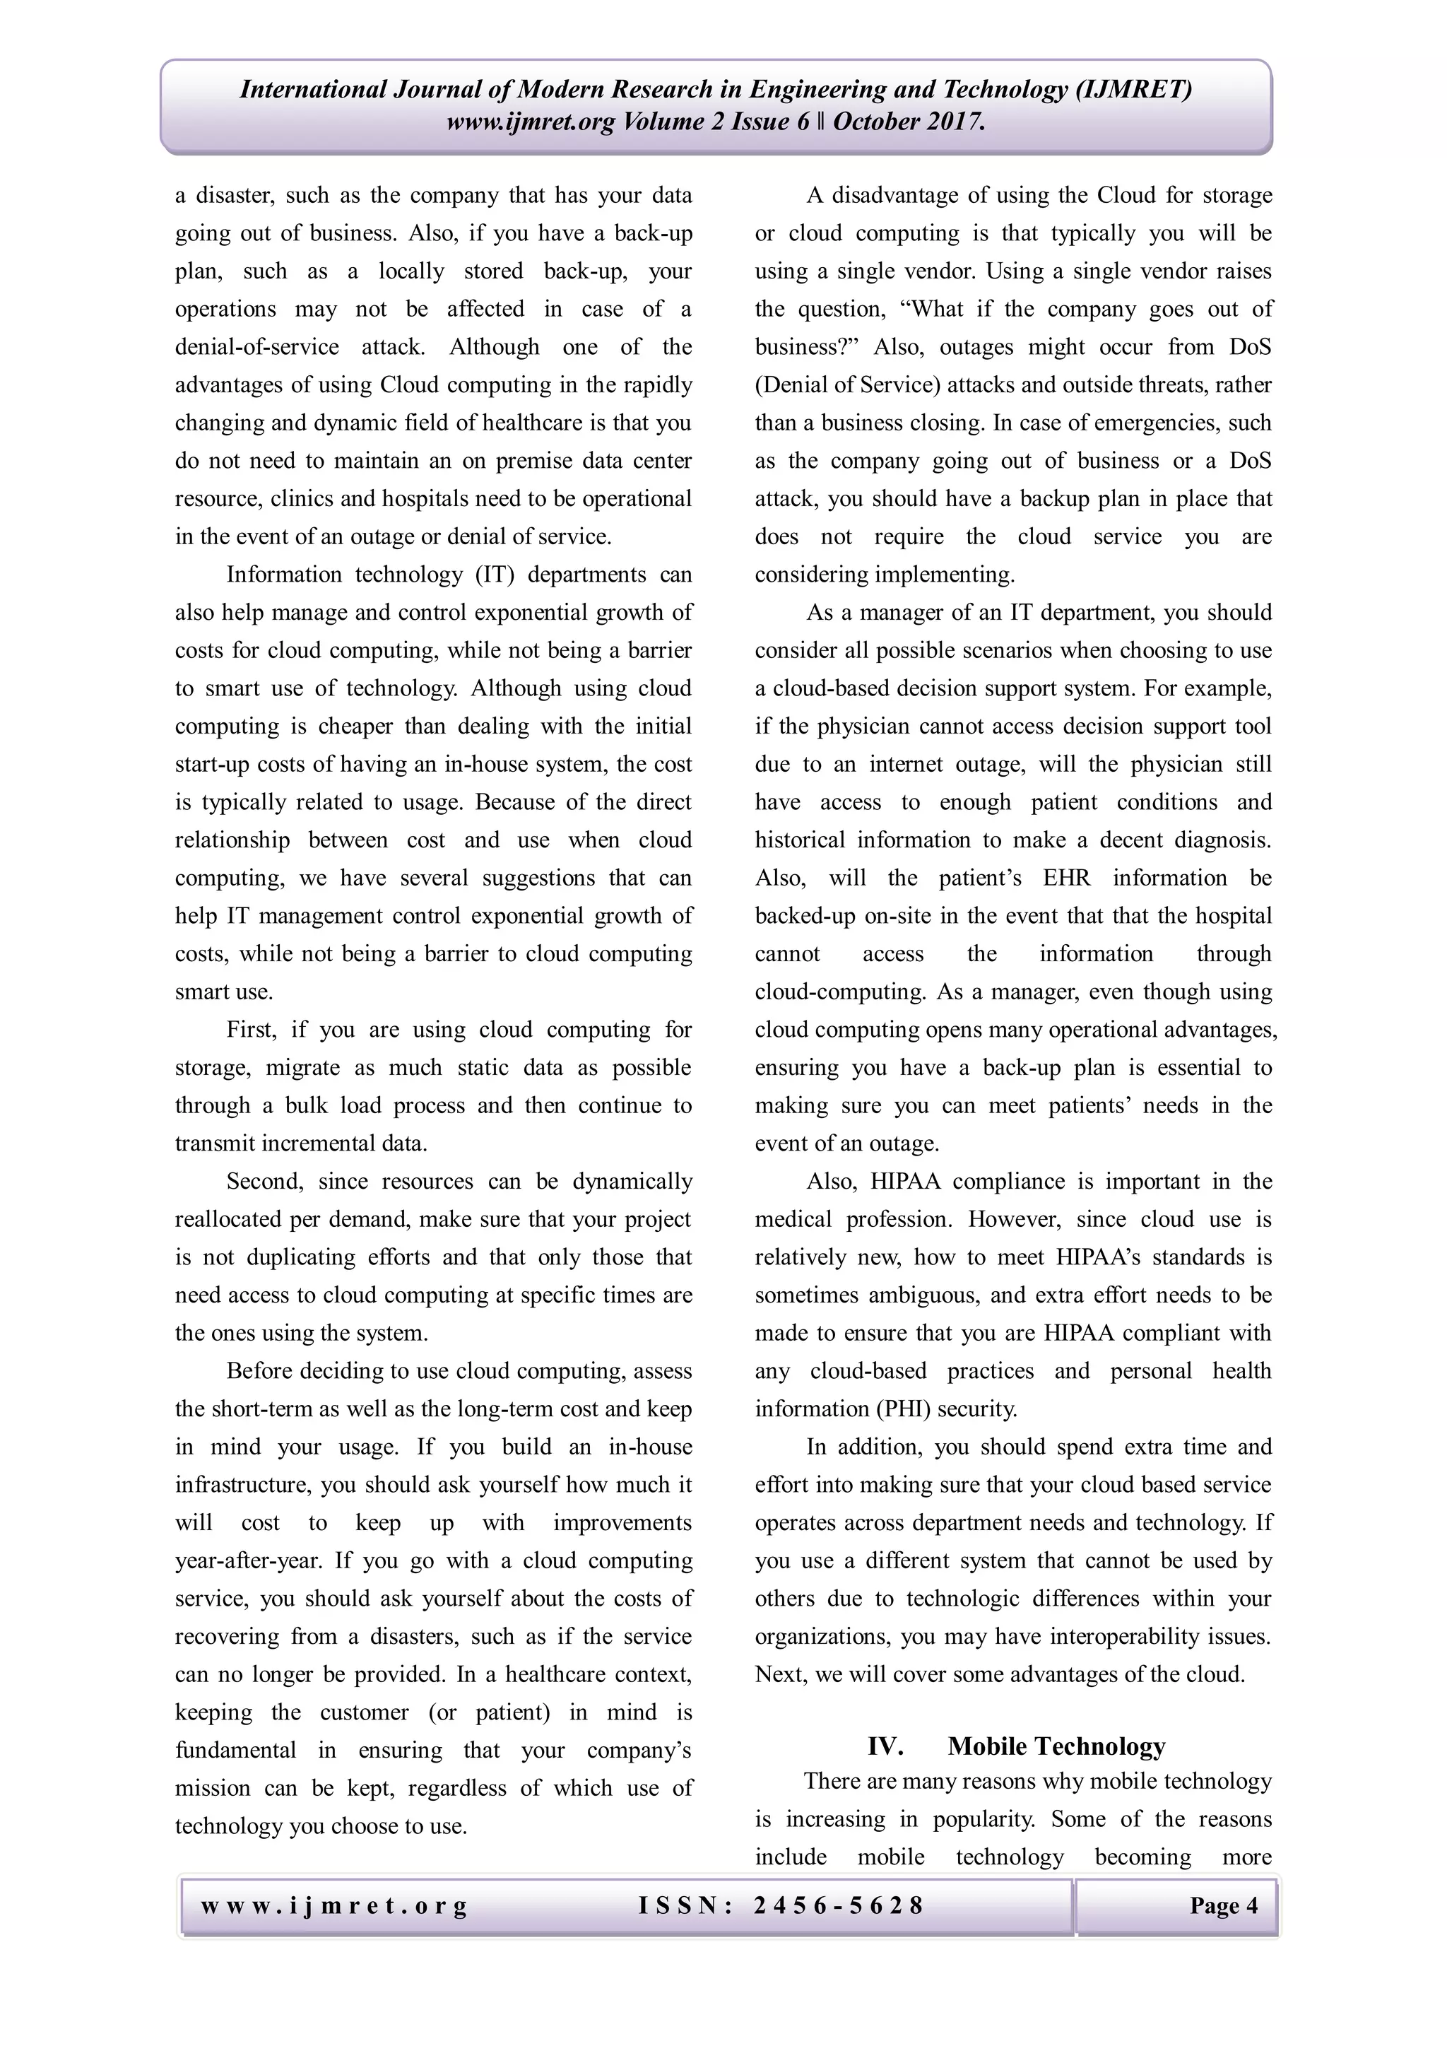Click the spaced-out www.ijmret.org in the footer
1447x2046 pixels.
tap(333, 1905)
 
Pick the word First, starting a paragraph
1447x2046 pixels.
tap(252, 1030)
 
